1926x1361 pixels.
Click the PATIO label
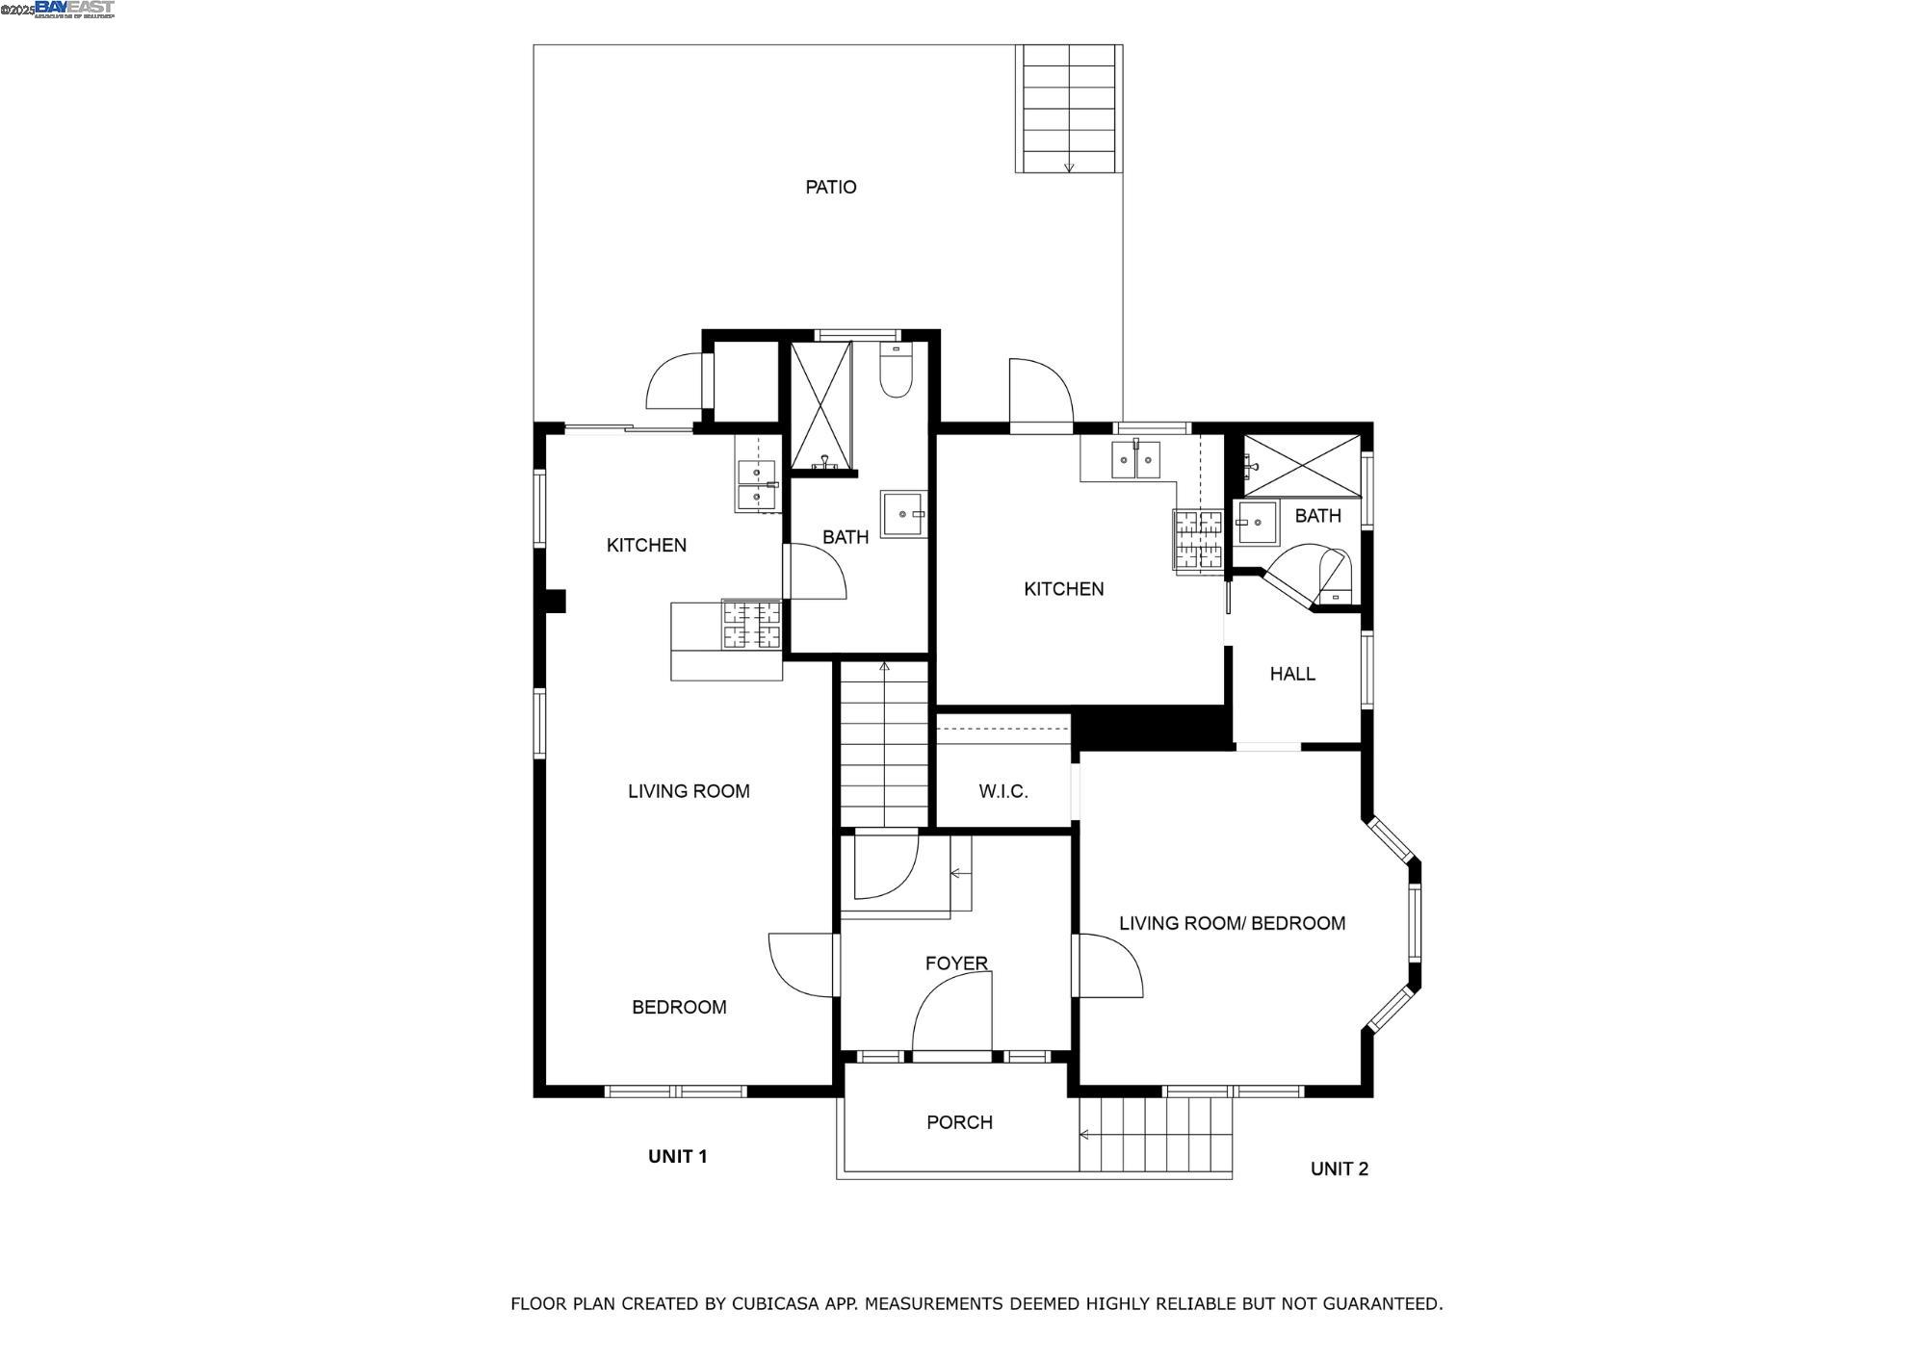coord(830,187)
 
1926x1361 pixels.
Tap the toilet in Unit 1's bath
coord(896,373)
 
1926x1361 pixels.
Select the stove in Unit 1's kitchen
coord(751,625)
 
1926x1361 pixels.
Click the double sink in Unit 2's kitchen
coord(1135,460)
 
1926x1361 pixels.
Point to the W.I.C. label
coord(1003,791)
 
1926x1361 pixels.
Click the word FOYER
coord(956,963)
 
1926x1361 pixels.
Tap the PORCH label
coord(959,1121)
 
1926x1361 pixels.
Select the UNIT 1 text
coord(677,1156)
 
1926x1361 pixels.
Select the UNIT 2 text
coord(1339,1168)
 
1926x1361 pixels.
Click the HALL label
coord(1292,674)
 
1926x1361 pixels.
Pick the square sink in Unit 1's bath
coord(902,513)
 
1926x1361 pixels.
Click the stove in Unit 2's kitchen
coord(1197,540)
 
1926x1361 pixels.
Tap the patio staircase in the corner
coord(1068,108)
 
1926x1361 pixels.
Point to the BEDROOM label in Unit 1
coord(679,1007)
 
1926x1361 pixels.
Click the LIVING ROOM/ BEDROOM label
coord(1232,923)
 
